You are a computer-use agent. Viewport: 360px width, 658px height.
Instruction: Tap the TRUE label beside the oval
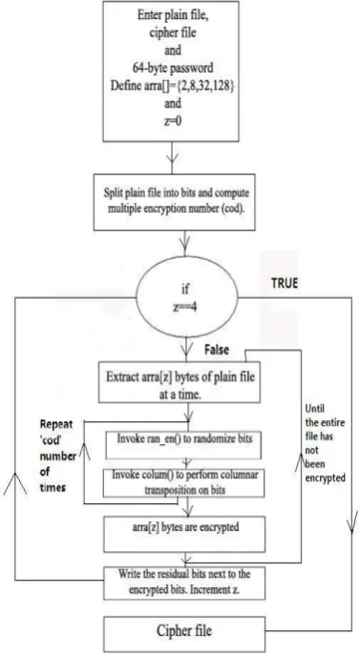[285, 283]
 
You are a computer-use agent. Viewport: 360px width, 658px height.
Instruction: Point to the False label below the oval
[217, 350]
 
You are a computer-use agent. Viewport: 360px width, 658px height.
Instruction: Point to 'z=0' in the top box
[172, 121]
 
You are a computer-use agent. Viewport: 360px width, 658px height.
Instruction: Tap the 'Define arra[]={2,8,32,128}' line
[172, 86]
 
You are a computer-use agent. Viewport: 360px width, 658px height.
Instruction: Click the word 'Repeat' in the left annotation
[56, 424]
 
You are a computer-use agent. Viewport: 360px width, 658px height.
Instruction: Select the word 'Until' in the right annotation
[315, 409]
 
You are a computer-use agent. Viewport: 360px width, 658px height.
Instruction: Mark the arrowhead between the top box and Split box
[172, 158]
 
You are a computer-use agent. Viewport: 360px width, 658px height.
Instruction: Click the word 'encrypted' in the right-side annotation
[326, 478]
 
